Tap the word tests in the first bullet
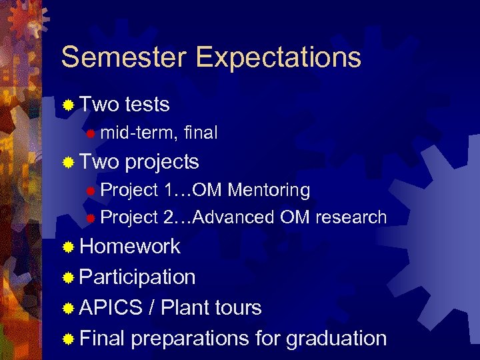[147, 105]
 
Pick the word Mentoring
[269, 191]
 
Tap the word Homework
[130, 247]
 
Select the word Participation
[137, 277]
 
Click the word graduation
[337, 339]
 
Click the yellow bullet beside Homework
[68, 247]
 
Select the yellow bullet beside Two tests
[68, 105]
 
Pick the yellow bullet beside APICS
[68, 309]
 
